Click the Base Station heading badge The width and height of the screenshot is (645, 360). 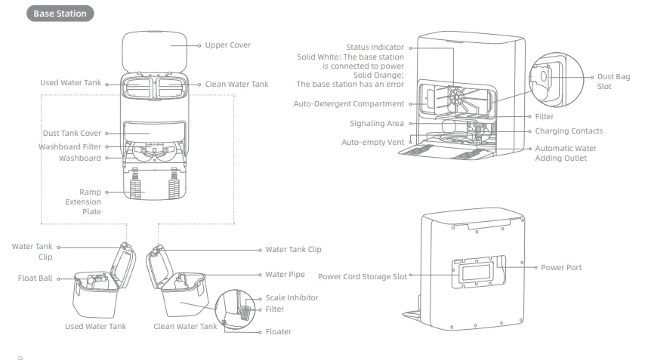pyautogui.click(x=60, y=14)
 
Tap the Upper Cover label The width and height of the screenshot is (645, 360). pyautogui.click(x=227, y=45)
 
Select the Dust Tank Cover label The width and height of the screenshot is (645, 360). pyautogui.click(x=73, y=134)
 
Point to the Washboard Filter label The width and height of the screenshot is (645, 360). pyautogui.click(x=70, y=146)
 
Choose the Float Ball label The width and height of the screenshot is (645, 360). pyautogui.click(x=35, y=278)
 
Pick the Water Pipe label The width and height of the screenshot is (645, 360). pyautogui.click(x=286, y=275)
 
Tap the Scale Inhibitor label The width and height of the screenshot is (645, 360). pyautogui.click(x=292, y=297)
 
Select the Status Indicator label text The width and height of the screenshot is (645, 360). pyautogui.click(x=375, y=48)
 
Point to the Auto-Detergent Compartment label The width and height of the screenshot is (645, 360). pyautogui.click(x=348, y=103)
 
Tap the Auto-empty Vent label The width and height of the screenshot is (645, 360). pyautogui.click(x=372, y=141)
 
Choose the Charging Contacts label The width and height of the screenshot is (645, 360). pyautogui.click(x=569, y=131)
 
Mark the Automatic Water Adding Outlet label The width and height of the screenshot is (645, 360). pyautogui.click(x=564, y=153)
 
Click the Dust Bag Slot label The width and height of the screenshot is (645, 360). pyautogui.click(x=612, y=82)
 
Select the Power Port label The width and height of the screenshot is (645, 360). pyautogui.click(x=561, y=267)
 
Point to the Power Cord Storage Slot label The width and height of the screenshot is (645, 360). pyautogui.click(x=363, y=276)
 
